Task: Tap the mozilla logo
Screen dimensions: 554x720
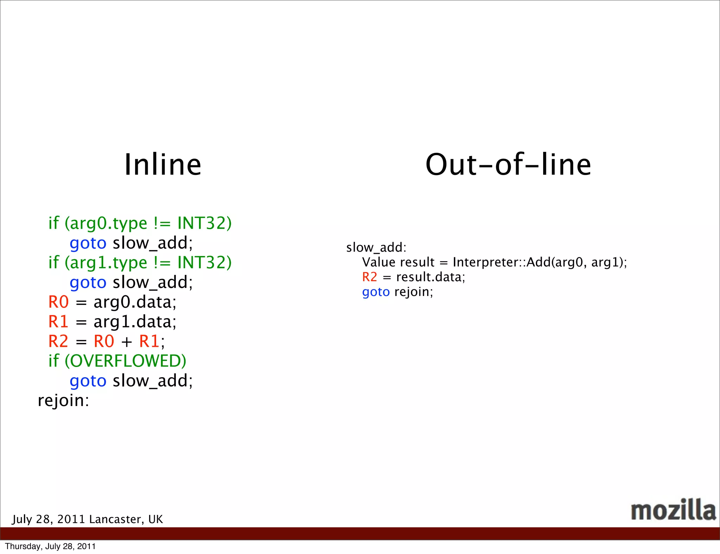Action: [673, 510]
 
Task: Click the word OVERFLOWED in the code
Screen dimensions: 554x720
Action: [126, 361]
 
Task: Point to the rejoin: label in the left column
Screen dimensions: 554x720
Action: [64, 400]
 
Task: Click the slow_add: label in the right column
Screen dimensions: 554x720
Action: [376, 247]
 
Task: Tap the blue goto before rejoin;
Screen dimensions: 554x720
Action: [376, 292]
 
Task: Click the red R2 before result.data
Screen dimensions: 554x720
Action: [369, 277]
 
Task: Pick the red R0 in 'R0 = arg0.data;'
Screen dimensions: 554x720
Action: [58, 302]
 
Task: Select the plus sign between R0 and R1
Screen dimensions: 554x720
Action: [127, 342]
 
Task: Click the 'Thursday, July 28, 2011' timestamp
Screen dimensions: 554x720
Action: [50, 546]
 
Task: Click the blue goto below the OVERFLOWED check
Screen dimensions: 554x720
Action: [88, 381]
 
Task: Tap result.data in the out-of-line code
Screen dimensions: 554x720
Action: [431, 277]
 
